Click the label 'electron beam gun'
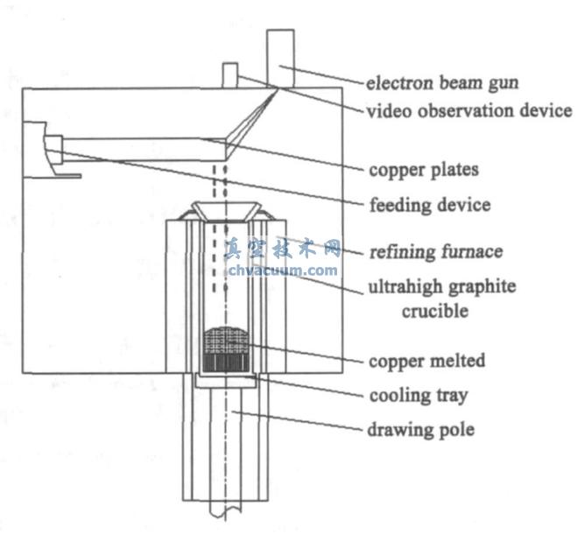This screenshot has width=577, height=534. click(442, 84)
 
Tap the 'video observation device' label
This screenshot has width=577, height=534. click(469, 111)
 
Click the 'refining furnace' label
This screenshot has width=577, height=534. click(435, 251)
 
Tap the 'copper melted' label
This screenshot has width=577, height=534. click(427, 361)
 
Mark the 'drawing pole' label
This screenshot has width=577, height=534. click(421, 430)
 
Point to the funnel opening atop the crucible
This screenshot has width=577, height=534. click(224, 211)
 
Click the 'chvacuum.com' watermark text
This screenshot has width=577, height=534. click(282, 271)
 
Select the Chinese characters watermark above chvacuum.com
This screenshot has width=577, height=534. click(282, 250)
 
